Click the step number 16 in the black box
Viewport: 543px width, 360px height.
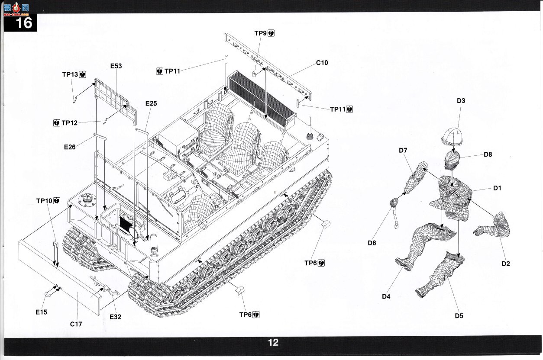coord(24,23)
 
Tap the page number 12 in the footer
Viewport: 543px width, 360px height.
coord(273,343)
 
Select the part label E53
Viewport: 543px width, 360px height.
coord(116,66)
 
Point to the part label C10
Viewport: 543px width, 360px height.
coord(322,63)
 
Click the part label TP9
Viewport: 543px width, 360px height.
coord(260,33)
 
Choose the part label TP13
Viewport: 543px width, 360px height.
coord(70,74)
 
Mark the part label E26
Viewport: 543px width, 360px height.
coord(70,147)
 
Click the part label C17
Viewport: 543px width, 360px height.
coord(76,324)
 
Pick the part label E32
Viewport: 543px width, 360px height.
coord(115,317)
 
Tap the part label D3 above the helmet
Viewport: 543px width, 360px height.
coord(461,100)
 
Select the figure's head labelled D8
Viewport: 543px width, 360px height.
coord(452,160)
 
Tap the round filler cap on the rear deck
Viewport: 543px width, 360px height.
coord(85,199)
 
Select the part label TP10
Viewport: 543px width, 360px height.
coord(44,201)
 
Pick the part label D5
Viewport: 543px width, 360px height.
coord(459,316)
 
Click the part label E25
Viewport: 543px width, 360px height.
coord(151,103)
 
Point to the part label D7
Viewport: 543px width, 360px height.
coord(403,151)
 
